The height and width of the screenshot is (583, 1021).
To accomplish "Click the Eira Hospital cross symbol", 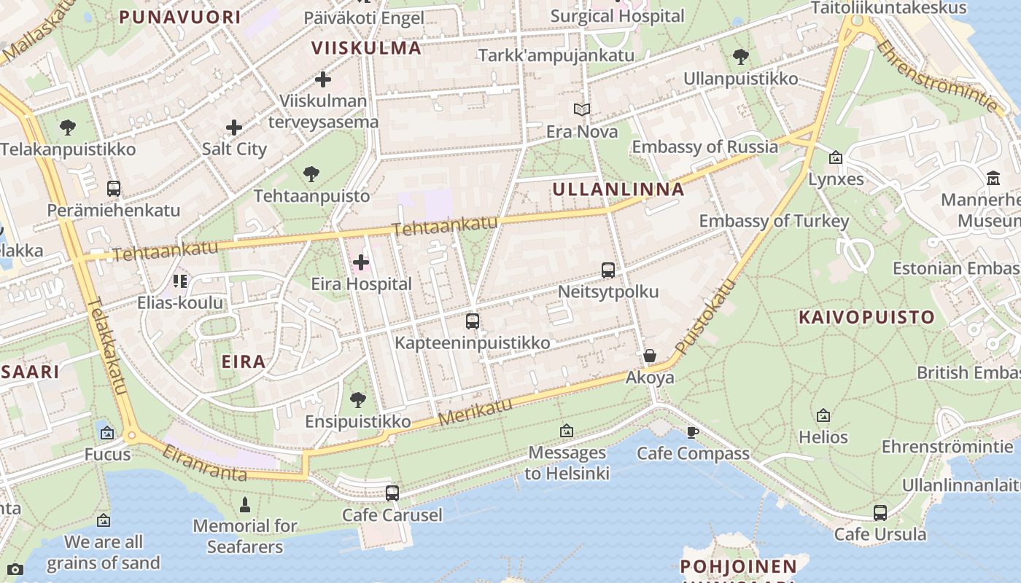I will point(361,262).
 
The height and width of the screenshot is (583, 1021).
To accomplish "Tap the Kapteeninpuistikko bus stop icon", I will point(473,321).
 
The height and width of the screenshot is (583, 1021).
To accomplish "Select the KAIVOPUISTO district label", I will point(866,317).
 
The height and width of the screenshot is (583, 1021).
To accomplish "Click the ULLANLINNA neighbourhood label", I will point(618,189).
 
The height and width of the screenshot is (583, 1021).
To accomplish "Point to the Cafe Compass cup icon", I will point(693,432).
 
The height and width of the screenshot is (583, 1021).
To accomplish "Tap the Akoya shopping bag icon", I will point(650,356).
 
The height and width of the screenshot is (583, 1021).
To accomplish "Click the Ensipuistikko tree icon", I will point(357,399).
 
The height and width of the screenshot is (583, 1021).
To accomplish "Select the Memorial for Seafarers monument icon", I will point(245,504).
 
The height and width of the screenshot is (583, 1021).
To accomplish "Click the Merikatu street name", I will point(475,412).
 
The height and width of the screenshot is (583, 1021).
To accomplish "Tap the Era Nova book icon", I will point(581,110).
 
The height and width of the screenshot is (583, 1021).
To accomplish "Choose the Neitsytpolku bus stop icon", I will point(608,270).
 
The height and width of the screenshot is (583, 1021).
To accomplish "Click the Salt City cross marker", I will point(234,128).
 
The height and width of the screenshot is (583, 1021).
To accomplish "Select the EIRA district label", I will point(244,361).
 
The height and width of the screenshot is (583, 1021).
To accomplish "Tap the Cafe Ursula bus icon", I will point(880,512).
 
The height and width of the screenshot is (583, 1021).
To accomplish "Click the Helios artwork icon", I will point(823,415).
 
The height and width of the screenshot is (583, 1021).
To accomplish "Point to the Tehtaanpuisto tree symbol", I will point(311,174).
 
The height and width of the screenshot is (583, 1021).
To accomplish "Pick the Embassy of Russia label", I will point(704,146).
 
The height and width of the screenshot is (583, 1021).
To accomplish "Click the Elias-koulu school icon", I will point(180,281).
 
